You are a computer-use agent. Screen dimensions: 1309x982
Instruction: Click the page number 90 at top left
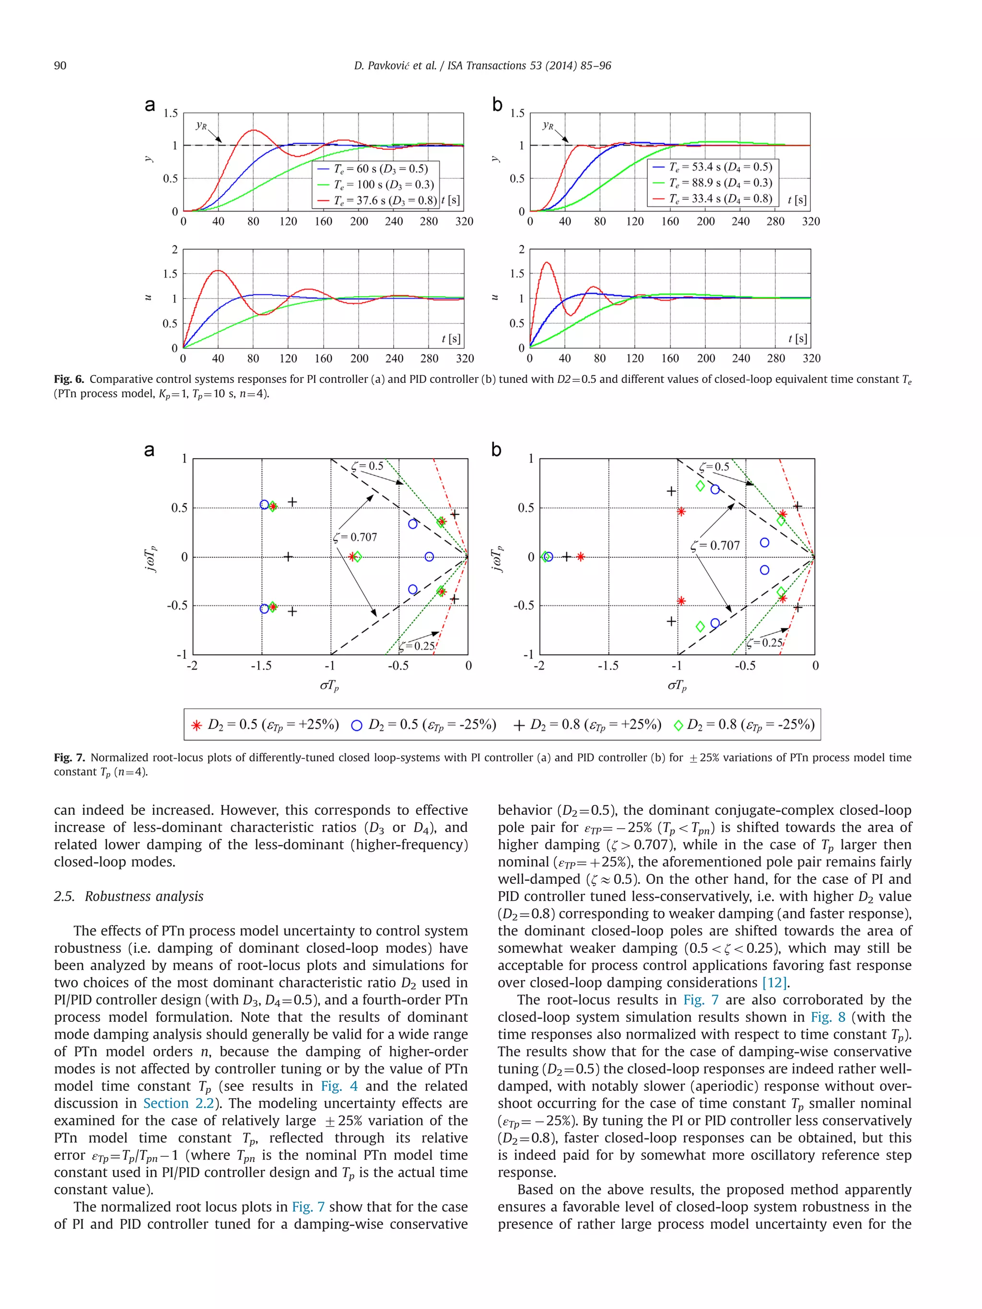coord(60,66)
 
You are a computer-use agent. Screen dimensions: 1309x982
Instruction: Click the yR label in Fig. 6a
coord(201,126)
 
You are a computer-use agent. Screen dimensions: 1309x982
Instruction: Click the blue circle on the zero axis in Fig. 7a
coord(429,557)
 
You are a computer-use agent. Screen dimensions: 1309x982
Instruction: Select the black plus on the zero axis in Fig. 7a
coord(288,557)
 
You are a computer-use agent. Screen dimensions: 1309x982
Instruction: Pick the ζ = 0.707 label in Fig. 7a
coord(355,537)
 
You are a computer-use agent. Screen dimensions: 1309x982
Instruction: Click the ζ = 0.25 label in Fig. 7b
coord(764,643)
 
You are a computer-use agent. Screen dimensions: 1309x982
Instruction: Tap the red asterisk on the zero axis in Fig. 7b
coord(581,557)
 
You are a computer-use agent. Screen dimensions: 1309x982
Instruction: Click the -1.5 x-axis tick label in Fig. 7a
coord(261,666)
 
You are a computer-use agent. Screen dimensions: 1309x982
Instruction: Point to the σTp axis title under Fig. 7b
coord(677,686)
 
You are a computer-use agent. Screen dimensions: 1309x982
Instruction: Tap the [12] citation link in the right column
coord(775,982)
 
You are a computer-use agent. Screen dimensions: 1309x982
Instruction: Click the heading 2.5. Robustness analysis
coord(129,896)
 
